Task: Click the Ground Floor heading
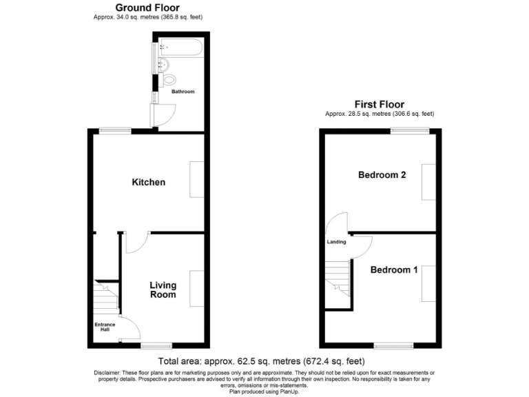(148, 8)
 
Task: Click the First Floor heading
(380, 105)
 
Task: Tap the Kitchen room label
(149, 183)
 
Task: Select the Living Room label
(163, 290)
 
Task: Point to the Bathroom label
(183, 92)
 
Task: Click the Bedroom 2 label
(382, 175)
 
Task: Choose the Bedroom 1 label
(394, 269)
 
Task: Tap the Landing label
(336, 242)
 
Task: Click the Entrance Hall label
(105, 326)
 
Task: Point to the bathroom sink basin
(163, 65)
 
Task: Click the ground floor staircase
(107, 297)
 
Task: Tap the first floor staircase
(338, 279)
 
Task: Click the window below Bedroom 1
(398, 344)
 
